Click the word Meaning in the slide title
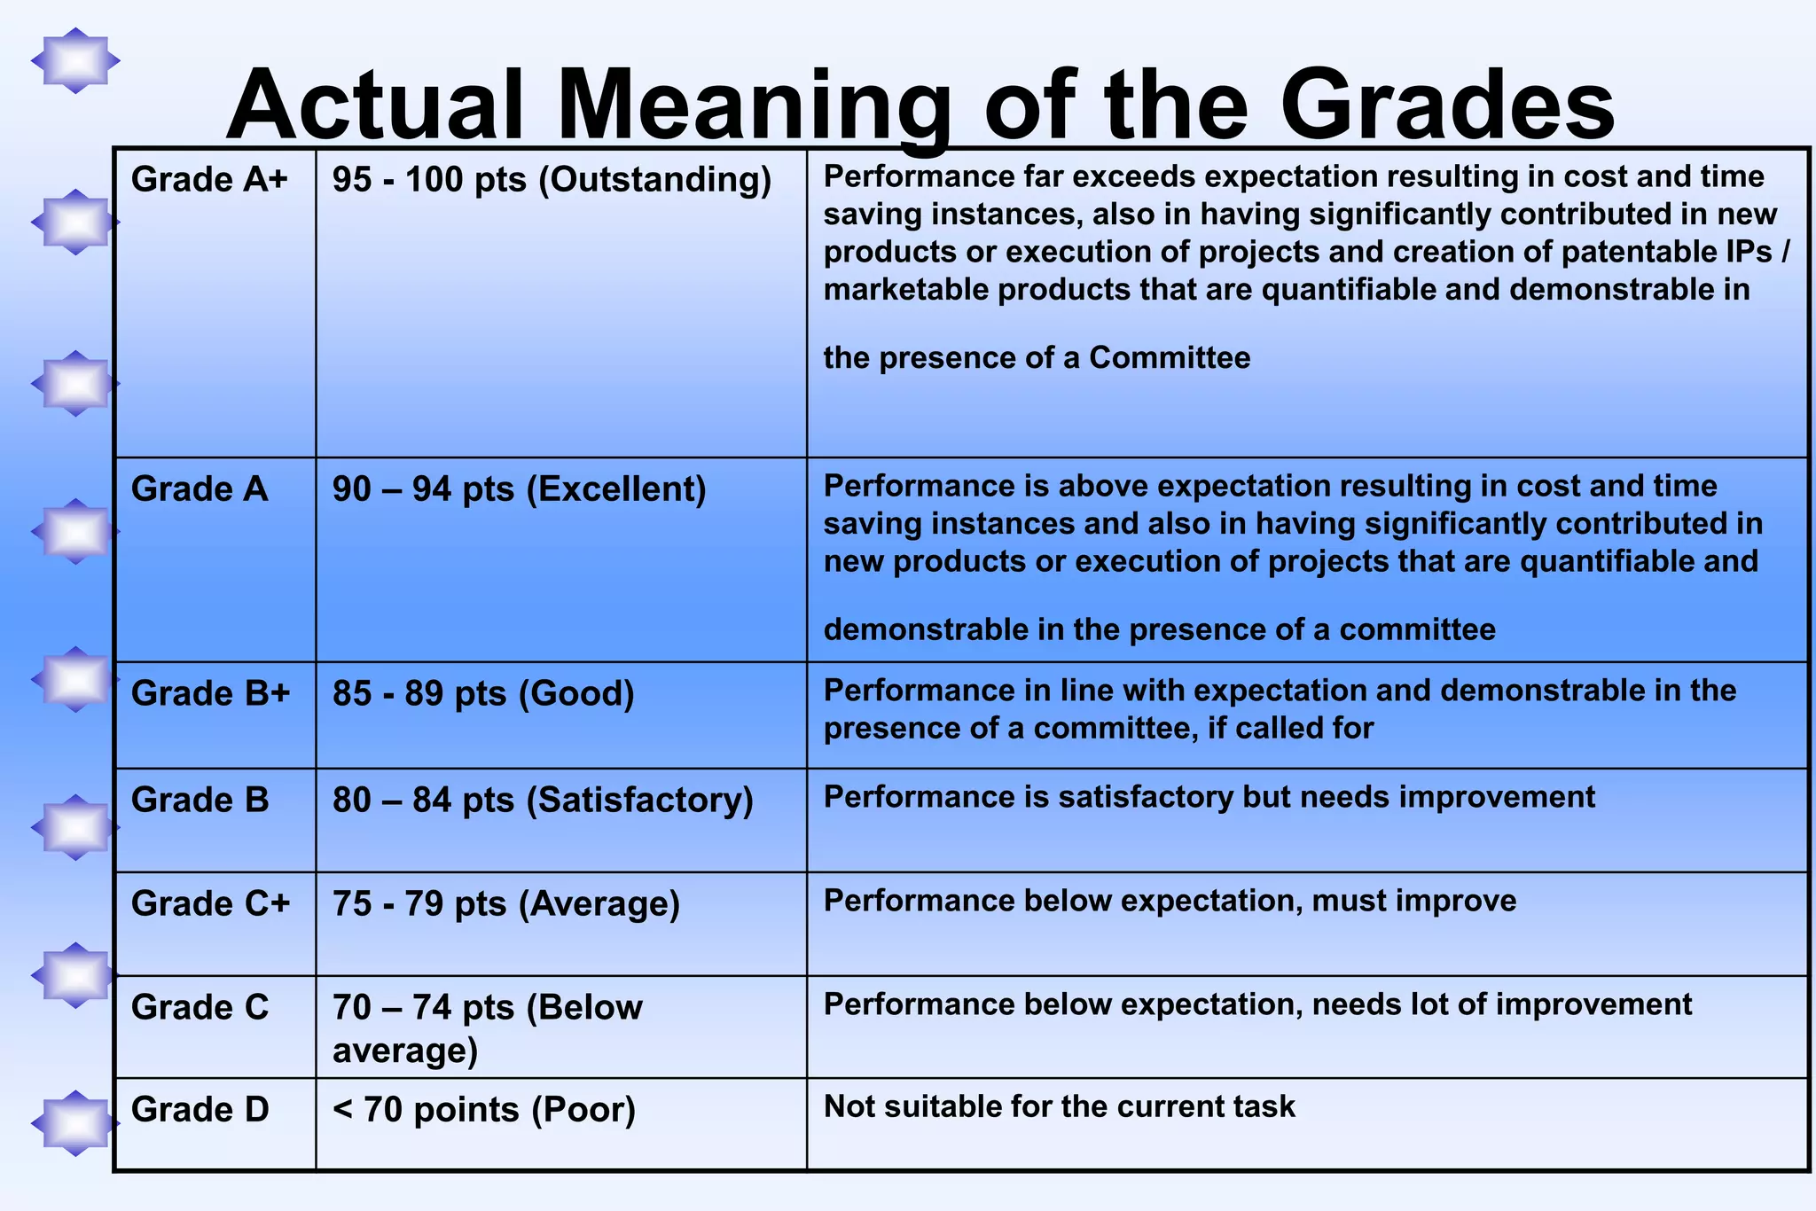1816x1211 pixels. (x=754, y=106)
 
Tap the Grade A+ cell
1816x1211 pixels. (x=209, y=180)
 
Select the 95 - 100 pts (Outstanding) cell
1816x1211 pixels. (x=552, y=180)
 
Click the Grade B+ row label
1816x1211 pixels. (x=210, y=693)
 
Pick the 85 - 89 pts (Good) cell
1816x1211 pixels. (x=483, y=693)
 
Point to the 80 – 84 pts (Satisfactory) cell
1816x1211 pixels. (x=543, y=800)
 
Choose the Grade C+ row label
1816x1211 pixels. (x=210, y=903)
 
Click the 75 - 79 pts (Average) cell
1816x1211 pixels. (x=505, y=903)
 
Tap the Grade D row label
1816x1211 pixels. (x=200, y=1109)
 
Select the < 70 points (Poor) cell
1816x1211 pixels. (x=484, y=1109)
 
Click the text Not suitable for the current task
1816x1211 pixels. (x=1059, y=1106)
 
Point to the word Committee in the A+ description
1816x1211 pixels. (x=1170, y=357)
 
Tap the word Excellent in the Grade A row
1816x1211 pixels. (x=615, y=489)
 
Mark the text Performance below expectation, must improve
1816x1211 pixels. (x=1170, y=901)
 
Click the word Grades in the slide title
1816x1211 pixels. (x=1447, y=106)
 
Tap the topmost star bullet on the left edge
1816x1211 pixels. (x=75, y=61)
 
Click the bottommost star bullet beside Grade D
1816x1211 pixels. (x=75, y=1123)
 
